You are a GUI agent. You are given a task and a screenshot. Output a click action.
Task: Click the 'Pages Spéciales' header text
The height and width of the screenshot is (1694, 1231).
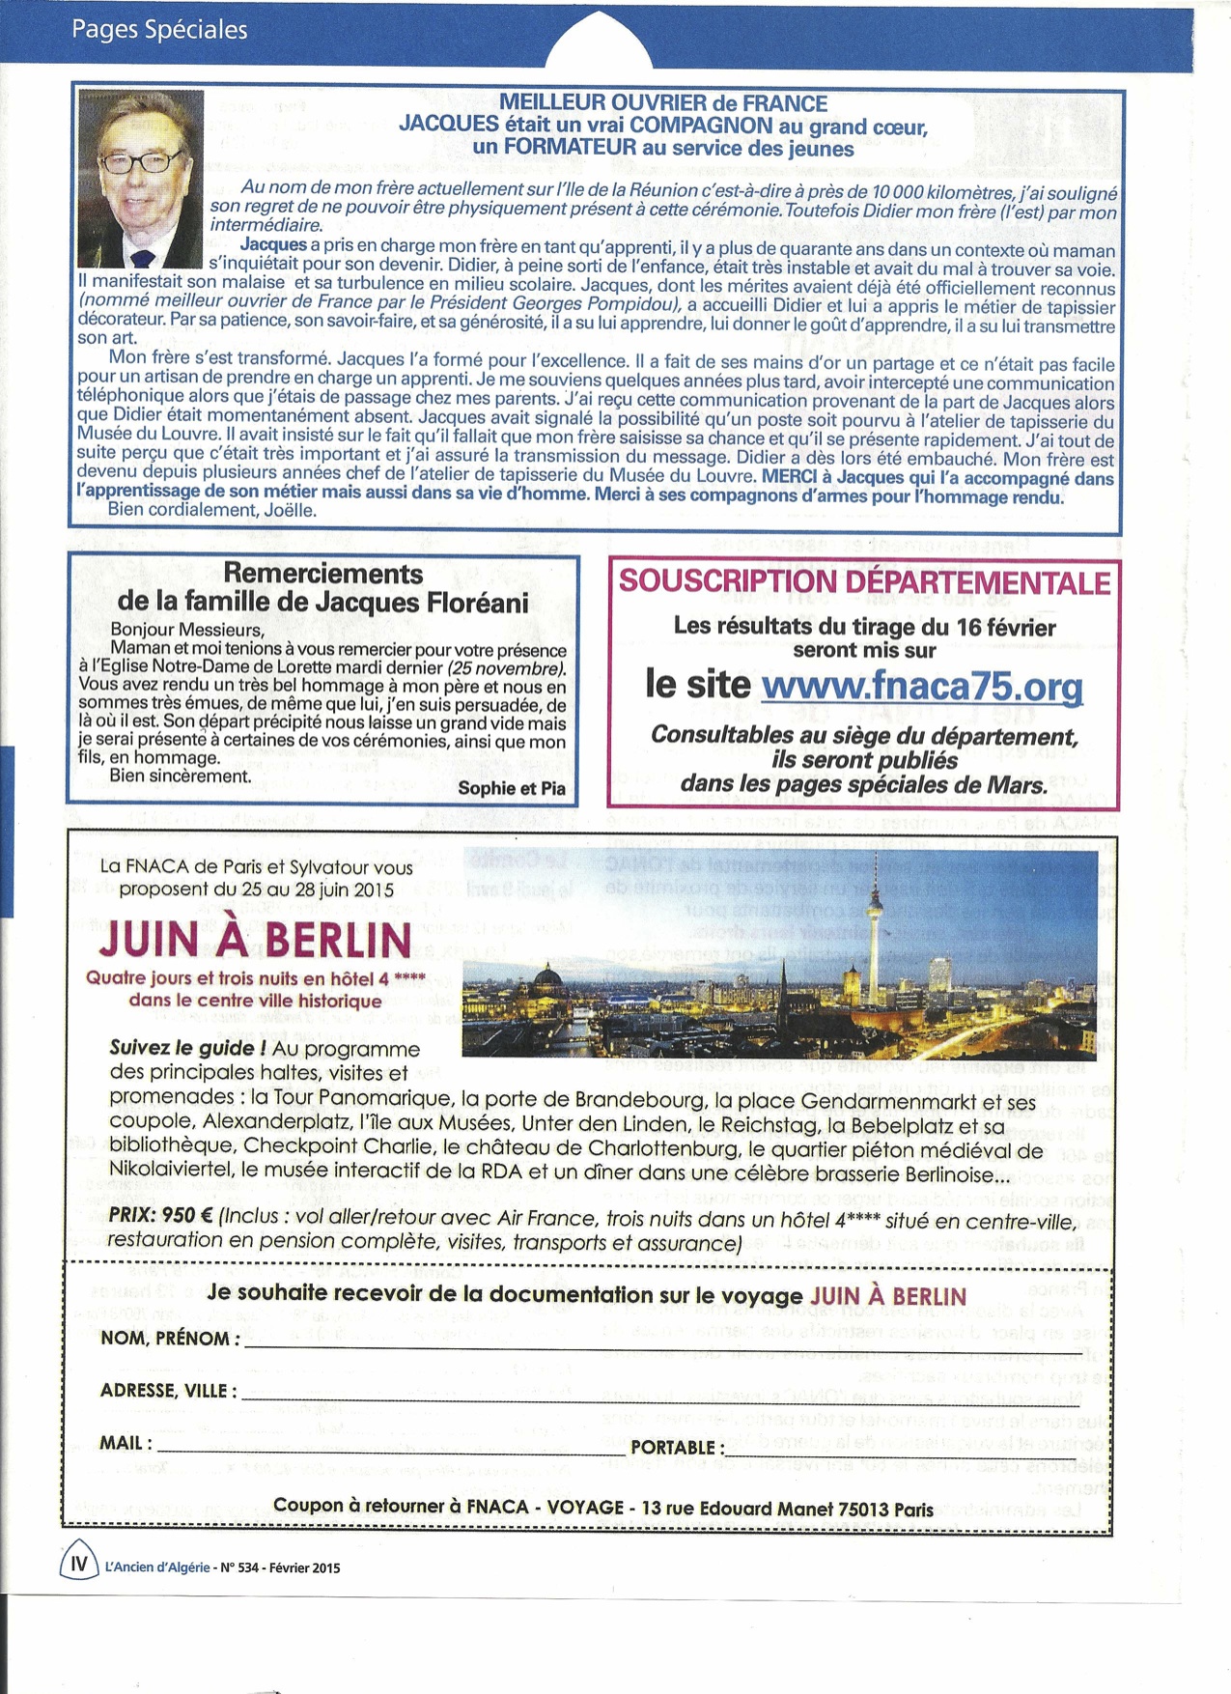click(159, 30)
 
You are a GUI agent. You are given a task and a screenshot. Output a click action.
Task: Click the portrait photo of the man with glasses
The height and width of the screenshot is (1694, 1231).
click(140, 179)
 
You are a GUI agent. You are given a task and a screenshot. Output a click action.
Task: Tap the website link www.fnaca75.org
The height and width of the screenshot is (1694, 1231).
click(921, 687)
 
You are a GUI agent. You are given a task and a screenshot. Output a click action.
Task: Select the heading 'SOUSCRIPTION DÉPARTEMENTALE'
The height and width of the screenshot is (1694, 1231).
click(864, 582)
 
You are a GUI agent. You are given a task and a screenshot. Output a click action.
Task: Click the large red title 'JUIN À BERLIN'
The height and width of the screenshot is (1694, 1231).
click(255, 939)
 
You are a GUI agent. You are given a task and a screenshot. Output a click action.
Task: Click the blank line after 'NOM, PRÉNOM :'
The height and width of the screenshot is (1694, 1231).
click(676, 1342)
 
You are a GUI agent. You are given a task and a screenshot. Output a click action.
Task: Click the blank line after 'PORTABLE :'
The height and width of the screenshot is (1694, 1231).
click(917, 1452)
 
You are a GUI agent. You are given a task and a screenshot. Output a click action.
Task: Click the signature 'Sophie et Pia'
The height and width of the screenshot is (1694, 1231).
click(512, 788)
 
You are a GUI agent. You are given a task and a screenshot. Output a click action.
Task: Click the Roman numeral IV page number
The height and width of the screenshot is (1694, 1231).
click(79, 1563)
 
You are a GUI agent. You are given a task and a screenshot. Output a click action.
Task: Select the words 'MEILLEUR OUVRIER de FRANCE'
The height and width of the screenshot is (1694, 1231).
click(663, 103)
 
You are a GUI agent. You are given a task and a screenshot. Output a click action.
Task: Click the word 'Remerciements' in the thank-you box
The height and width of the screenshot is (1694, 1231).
click(322, 574)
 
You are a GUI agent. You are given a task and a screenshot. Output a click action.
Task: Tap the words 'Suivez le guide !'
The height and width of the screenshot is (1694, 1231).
click(187, 1049)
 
